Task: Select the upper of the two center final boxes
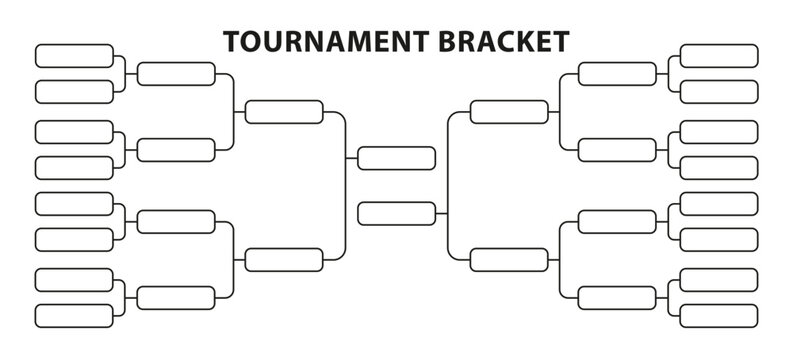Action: pos(396,158)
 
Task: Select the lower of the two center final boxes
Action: pos(396,213)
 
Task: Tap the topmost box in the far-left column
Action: pos(74,55)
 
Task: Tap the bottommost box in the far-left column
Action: pos(74,315)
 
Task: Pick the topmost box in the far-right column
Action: pos(718,55)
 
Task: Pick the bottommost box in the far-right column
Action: pos(718,315)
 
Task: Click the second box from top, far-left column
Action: pos(74,92)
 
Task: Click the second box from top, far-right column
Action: pos(718,92)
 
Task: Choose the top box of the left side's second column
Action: pos(176,73)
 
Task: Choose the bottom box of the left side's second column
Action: pos(176,297)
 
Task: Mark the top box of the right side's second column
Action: pos(617,73)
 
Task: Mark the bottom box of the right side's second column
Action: pos(617,297)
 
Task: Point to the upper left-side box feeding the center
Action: pos(284,111)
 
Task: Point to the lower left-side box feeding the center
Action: pos(284,259)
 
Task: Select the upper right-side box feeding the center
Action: pos(509,111)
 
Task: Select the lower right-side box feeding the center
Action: pos(509,259)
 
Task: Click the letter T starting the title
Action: pos(231,41)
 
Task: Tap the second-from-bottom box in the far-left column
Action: pos(74,279)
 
